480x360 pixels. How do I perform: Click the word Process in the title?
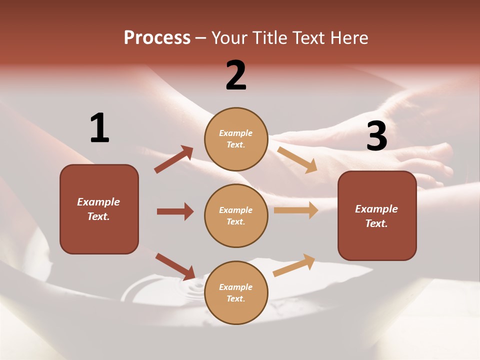click(157, 37)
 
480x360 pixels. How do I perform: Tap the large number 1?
click(99, 128)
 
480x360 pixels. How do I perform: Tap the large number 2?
click(236, 75)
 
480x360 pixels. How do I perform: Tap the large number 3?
click(376, 136)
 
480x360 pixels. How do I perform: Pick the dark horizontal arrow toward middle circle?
click(175, 211)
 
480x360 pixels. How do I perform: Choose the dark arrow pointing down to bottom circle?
click(175, 266)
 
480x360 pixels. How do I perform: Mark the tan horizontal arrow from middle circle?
click(296, 210)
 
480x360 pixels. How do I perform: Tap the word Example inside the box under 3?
click(376, 209)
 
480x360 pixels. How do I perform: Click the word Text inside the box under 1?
click(98, 216)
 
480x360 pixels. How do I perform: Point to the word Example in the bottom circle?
click(236, 287)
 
